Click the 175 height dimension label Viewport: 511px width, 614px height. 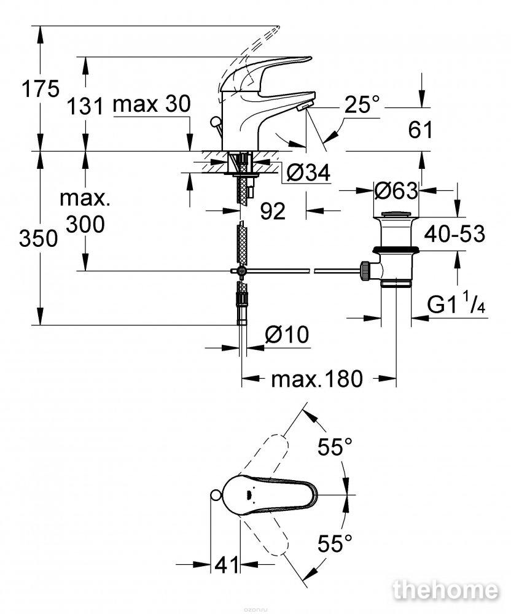click(41, 89)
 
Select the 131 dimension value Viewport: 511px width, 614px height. click(85, 106)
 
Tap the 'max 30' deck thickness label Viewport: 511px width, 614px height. click(152, 104)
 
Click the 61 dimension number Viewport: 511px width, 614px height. click(420, 130)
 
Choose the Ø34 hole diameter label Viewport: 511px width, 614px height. click(308, 173)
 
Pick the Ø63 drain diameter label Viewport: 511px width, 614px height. click(396, 191)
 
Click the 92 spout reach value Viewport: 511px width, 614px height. click(273, 211)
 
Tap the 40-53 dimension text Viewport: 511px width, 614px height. click(455, 234)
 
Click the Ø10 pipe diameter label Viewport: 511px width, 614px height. click(287, 335)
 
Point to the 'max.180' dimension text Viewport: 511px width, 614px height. click(317, 379)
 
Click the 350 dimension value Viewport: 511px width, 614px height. click(38, 238)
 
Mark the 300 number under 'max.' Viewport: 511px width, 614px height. click(85, 224)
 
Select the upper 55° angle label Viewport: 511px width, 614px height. click(335, 447)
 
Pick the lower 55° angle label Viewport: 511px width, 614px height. click(335, 543)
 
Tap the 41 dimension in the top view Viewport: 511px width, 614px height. click(227, 565)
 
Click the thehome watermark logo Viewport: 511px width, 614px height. click(446, 591)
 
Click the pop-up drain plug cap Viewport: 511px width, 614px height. click(396, 214)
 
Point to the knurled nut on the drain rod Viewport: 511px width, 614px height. click(365, 271)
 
